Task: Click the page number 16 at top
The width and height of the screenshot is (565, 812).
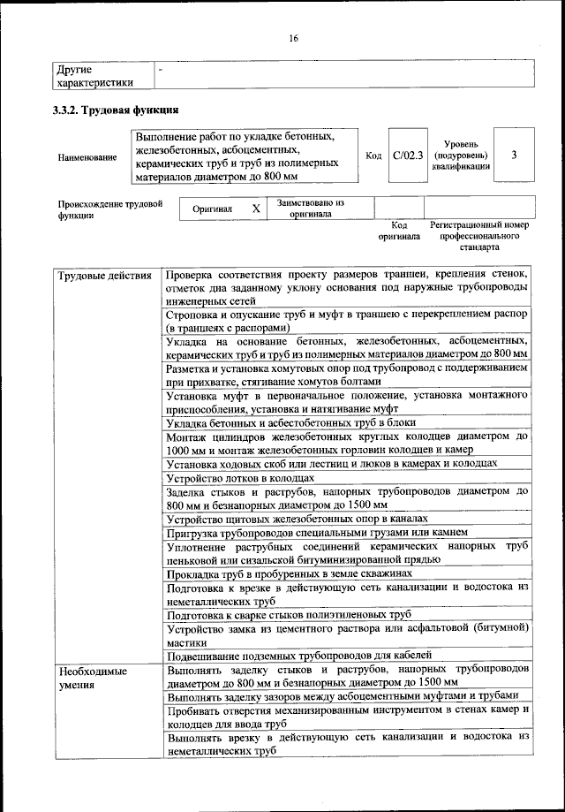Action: (x=294, y=38)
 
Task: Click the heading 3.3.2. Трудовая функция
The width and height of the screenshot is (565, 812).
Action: (x=117, y=111)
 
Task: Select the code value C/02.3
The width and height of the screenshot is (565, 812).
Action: (x=408, y=156)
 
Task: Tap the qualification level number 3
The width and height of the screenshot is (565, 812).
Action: (x=513, y=156)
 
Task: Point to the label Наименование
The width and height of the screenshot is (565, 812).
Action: (x=87, y=157)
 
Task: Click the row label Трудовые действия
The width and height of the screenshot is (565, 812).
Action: (x=96, y=276)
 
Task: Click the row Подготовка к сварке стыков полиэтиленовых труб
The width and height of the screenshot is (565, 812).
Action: (x=289, y=614)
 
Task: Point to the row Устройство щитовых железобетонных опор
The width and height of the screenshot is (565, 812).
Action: (x=296, y=519)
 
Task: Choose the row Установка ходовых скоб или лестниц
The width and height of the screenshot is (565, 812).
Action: (x=331, y=463)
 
